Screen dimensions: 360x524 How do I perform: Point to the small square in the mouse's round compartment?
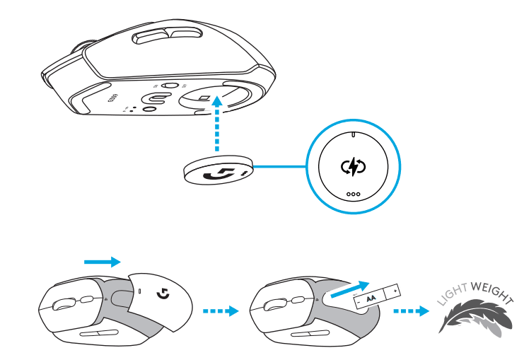tap(204, 98)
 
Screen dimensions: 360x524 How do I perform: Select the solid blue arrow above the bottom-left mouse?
tap(102, 261)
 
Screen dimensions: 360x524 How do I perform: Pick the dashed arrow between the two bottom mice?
tap(219, 310)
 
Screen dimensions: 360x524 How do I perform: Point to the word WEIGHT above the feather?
tap(489, 289)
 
